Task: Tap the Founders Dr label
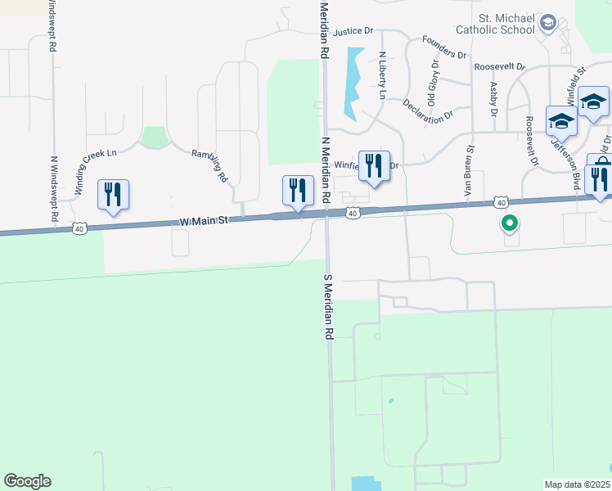[x=444, y=47]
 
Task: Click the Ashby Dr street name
[x=493, y=99]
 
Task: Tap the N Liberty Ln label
[x=381, y=76]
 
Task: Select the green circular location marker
[x=510, y=222]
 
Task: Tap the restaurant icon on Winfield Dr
[x=374, y=165]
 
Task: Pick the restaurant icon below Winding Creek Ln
[x=113, y=194]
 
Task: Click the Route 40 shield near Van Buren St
[x=501, y=201]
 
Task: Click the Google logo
[x=27, y=481]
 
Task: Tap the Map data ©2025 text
[x=577, y=484]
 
